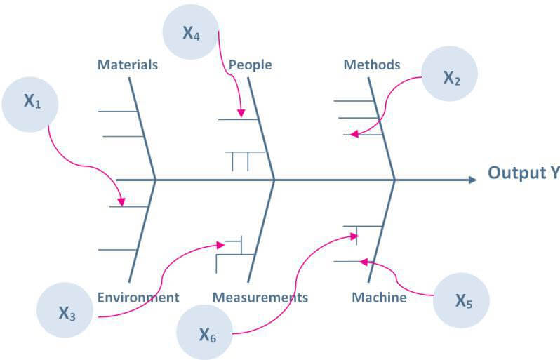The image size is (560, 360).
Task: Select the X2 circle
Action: [451, 79]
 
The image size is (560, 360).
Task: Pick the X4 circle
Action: [190, 32]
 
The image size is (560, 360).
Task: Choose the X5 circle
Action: [460, 302]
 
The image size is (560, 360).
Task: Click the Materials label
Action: [127, 65]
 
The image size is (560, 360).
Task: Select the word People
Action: [250, 65]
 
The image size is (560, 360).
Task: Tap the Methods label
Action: [371, 65]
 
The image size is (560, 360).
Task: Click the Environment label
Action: [138, 298]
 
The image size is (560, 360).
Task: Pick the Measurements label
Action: [260, 298]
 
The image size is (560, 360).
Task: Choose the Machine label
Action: [379, 298]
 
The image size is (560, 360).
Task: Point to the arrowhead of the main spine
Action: [474, 180]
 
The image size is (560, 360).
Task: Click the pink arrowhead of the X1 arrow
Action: [122, 203]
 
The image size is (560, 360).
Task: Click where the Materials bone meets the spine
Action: [155, 180]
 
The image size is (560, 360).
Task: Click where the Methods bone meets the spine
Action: [394, 180]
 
